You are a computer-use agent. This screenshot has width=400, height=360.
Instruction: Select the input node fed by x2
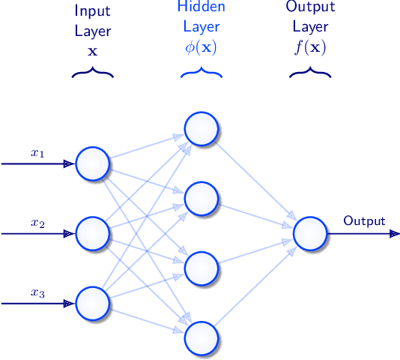[x=93, y=233]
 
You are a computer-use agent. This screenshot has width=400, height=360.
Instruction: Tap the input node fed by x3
[x=93, y=303]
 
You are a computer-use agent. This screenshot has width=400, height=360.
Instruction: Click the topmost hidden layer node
[x=201, y=129]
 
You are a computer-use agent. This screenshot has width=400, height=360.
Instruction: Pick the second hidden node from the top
[x=201, y=199]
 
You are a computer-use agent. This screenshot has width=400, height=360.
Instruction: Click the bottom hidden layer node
[x=201, y=337]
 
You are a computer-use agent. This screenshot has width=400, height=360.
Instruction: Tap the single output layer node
[x=310, y=233]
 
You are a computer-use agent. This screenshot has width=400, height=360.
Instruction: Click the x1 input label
[x=37, y=153]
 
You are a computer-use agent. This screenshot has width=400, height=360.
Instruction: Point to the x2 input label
[x=37, y=223]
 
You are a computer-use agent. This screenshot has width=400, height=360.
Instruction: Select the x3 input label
[x=37, y=293]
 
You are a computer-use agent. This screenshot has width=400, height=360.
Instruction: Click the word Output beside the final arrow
[x=364, y=221]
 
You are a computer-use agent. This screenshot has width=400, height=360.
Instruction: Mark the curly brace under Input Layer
[x=93, y=73]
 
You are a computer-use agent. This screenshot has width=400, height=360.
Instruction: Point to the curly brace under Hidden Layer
[x=201, y=73]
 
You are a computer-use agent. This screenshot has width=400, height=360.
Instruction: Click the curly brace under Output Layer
[x=310, y=73]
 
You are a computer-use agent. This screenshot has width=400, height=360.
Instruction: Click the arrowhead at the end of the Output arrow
[x=394, y=233]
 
